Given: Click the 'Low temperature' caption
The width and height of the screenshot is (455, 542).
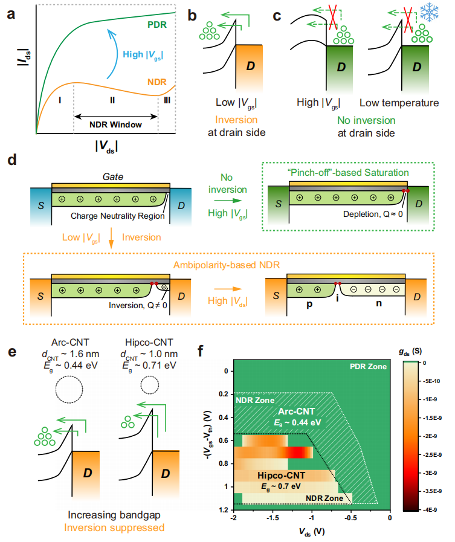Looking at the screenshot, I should click(399, 103).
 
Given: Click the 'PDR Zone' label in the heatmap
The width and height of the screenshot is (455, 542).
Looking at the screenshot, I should click(367, 366).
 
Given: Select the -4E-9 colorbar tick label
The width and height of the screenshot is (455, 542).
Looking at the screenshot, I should click(437, 510).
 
